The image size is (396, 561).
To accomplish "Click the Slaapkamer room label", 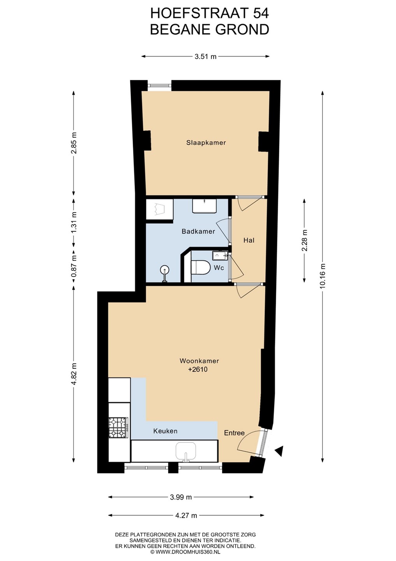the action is point(206,143).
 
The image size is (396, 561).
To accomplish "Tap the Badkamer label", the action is point(198,231).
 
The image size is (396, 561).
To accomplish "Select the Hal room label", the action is point(249,240).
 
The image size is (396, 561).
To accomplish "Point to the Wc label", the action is point(219,268).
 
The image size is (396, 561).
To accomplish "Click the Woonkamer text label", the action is point(199,361).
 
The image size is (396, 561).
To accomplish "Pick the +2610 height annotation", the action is point(198,369).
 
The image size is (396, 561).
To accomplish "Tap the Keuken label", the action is point(165,431).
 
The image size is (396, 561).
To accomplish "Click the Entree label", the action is point(234,433).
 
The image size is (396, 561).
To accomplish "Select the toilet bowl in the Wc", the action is point(200,267).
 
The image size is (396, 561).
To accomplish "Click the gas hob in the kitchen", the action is point(118,427).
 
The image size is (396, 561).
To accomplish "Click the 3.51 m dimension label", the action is point(205,56).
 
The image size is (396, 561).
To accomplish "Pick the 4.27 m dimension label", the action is point(186,515).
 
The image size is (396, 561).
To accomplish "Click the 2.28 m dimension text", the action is point(304,240).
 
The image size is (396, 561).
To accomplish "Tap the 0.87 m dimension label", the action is point(74,266).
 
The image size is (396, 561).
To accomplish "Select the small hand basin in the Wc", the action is point(220,256).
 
